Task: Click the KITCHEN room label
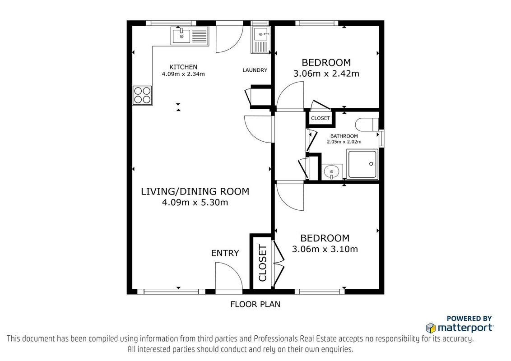[x=183, y=67]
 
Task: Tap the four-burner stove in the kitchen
[x=142, y=95]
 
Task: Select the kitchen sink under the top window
[x=190, y=36]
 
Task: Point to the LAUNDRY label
[x=255, y=70]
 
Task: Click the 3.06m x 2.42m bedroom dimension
[x=326, y=74]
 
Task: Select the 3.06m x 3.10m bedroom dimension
[x=325, y=249]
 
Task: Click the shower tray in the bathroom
[x=362, y=164]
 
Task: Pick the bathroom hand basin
[x=332, y=171]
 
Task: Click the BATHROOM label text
[x=344, y=136]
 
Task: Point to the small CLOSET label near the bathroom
[x=321, y=118]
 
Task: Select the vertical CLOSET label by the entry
[x=263, y=263]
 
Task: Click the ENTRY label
[x=225, y=253]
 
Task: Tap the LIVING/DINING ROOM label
[x=195, y=191]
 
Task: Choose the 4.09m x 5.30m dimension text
[x=195, y=203]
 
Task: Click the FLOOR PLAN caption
[x=255, y=304]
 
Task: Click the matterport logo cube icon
[x=431, y=328]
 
